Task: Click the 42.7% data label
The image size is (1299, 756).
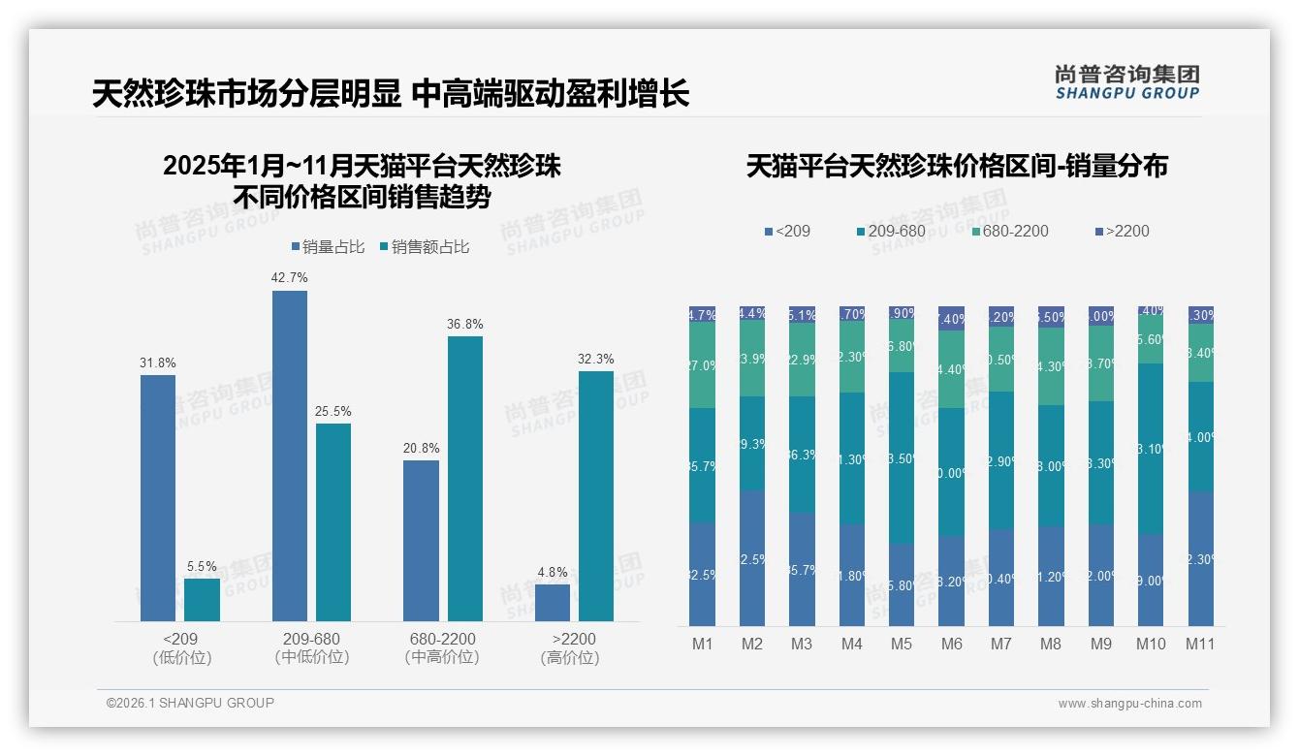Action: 290,277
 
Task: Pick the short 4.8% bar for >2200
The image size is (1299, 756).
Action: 553,602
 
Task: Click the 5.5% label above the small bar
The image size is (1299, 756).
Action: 202,566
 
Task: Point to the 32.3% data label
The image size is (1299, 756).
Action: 596,359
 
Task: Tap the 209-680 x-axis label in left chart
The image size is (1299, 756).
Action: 311,639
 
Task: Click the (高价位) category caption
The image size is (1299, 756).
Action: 570,657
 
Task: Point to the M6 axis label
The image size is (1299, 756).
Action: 951,644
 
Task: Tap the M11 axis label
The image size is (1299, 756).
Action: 1200,644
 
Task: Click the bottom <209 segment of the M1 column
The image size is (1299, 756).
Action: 702,574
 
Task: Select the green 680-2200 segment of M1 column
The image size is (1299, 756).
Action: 702,364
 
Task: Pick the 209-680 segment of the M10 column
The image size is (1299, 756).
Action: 1151,449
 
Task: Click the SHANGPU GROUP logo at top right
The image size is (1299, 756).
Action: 1126,82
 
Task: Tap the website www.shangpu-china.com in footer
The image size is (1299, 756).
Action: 1129,704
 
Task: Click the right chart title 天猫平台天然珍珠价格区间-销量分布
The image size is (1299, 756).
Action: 957,167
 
